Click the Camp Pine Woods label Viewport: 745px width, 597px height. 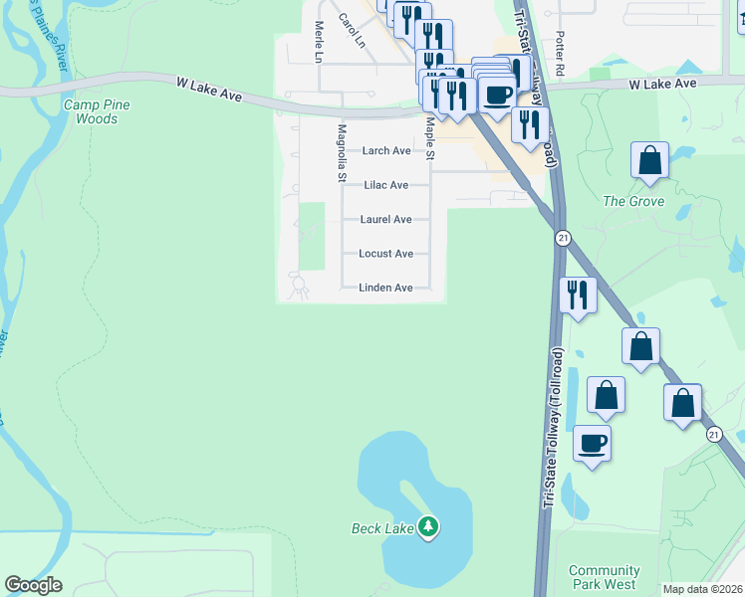pyautogui.click(x=97, y=111)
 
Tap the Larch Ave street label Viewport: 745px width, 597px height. pyautogui.click(x=386, y=151)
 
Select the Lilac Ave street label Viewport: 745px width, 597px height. pyautogui.click(x=386, y=185)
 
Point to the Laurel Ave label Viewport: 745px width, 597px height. pyautogui.click(x=386, y=220)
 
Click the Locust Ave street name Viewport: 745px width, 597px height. pyautogui.click(x=386, y=254)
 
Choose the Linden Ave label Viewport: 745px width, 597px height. pyautogui.click(x=386, y=289)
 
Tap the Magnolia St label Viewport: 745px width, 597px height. pyautogui.click(x=342, y=153)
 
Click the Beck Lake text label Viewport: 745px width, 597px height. pyautogui.click(x=382, y=528)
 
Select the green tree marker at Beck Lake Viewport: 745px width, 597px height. pyautogui.click(x=428, y=525)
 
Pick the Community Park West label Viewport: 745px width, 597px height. pyautogui.click(x=604, y=577)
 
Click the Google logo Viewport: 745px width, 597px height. pyautogui.click(x=33, y=585)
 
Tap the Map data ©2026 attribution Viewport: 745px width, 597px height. pyautogui.click(x=703, y=589)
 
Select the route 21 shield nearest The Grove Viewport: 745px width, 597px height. pyautogui.click(x=564, y=239)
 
